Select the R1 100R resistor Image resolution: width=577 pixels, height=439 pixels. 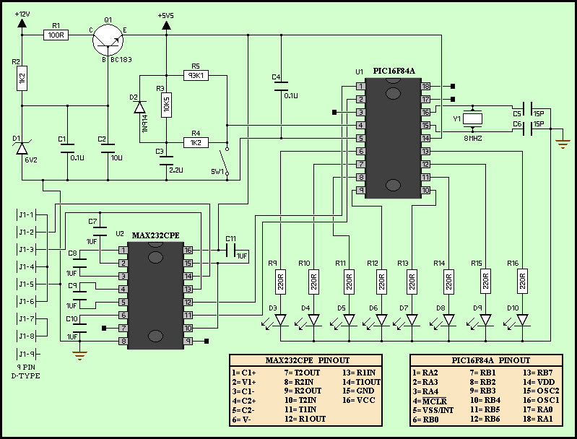coord(56,35)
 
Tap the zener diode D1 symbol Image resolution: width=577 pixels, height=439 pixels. coord(22,147)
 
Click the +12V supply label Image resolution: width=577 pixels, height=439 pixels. coord(23,14)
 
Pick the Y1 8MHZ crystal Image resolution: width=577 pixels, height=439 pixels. coord(473,118)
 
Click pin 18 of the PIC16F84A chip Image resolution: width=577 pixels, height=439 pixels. coord(426,86)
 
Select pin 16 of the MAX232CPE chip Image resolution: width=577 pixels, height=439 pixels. coord(187,250)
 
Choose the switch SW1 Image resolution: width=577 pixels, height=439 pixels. coord(226,159)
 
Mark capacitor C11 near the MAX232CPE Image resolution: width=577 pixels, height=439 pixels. coord(231,250)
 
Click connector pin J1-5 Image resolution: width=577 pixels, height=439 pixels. coord(26,284)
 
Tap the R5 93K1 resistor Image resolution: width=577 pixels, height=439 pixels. coord(196,74)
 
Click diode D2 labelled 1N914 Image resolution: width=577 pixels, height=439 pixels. coord(138,108)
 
